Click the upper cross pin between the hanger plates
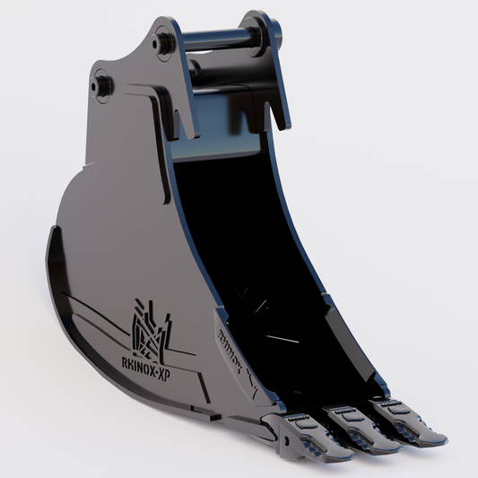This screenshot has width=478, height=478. [x=215, y=40]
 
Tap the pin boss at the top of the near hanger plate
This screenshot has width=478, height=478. [x=164, y=39]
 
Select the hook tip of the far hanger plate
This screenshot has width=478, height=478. [x=286, y=122]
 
